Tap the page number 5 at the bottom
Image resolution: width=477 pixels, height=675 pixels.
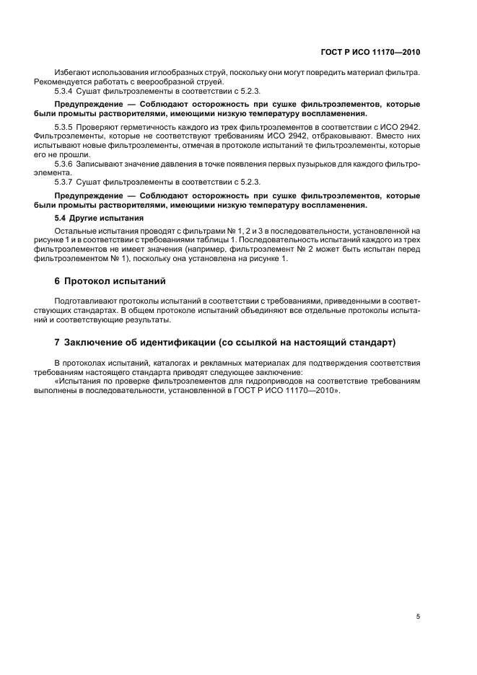419,617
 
